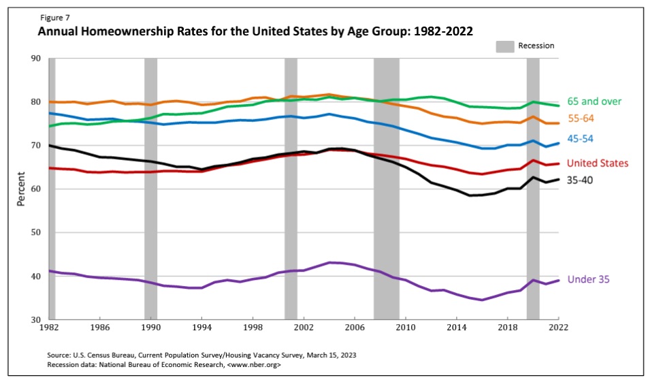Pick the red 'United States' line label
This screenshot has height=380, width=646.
(x=598, y=163)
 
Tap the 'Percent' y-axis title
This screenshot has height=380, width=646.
(x=21, y=188)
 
